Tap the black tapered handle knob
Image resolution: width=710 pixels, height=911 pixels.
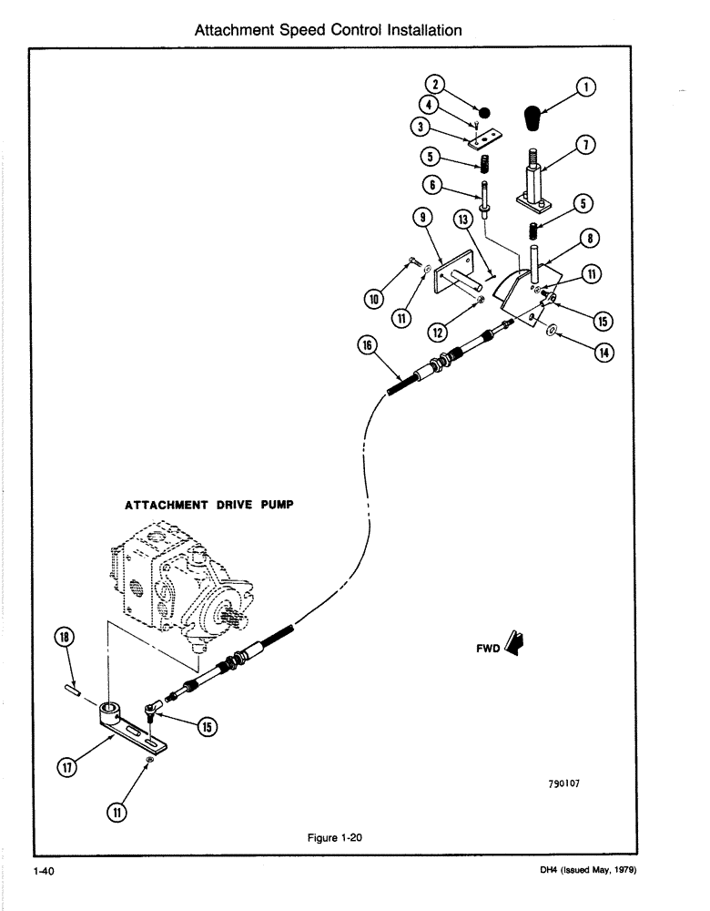pos(533,118)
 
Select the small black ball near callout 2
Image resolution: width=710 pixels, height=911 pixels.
pos(485,113)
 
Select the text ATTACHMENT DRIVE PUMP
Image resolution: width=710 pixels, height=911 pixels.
pos(206,506)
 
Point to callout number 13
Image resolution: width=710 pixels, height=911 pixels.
pos(463,220)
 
